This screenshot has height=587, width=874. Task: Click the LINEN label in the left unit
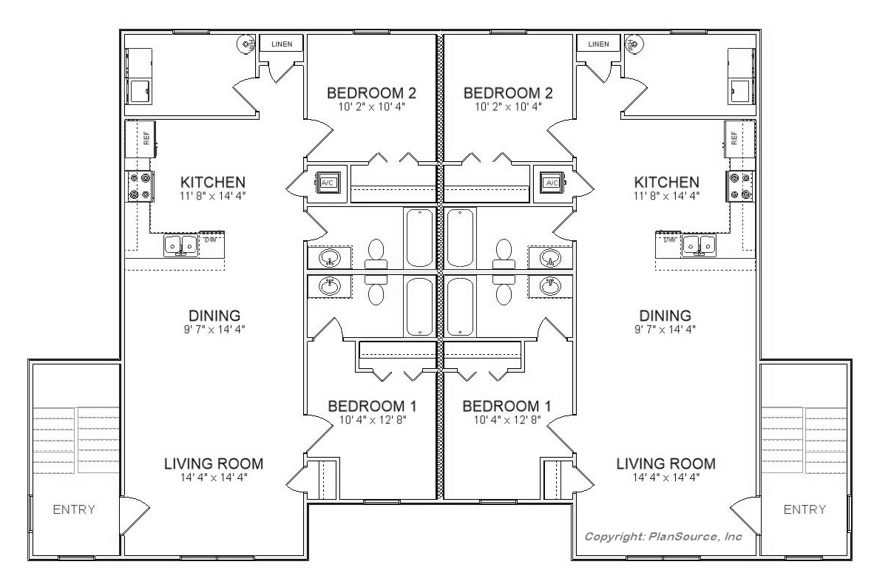pos(282,44)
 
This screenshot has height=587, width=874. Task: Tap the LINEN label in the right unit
pos(599,44)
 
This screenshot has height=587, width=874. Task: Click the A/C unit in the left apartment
pos(327,183)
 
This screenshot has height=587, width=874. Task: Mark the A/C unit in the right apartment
pos(552,183)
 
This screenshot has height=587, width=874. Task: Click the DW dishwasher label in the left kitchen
pos(210,240)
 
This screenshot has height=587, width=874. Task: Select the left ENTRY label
pos(74,509)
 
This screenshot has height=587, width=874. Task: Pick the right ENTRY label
pos(804,509)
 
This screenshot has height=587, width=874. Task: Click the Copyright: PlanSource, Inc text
pos(663,536)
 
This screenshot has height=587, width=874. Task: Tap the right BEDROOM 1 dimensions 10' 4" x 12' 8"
pos(507,420)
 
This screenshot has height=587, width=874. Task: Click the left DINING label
pos(214,316)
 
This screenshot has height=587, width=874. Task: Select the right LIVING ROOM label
pos(666,464)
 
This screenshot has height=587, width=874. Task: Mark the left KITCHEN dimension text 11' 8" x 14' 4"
pos(213,196)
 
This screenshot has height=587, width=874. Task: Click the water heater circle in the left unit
pos(245,43)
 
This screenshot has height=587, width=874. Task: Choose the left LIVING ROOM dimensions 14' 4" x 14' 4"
pos(214,477)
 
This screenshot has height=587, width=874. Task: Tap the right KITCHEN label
pos(667,182)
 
